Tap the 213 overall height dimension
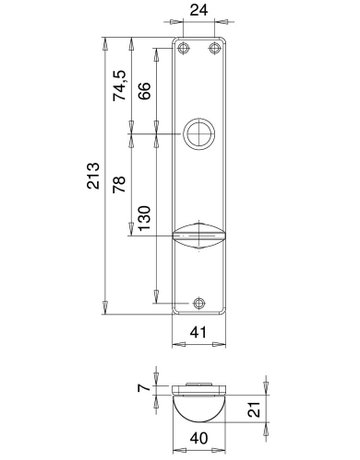pos(92,174)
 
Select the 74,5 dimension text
pos(119,87)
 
